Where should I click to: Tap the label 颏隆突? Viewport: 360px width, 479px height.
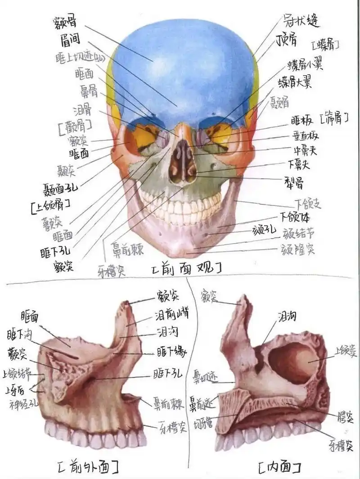pos(297,249)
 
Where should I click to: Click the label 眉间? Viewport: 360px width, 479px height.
pos(70,40)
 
